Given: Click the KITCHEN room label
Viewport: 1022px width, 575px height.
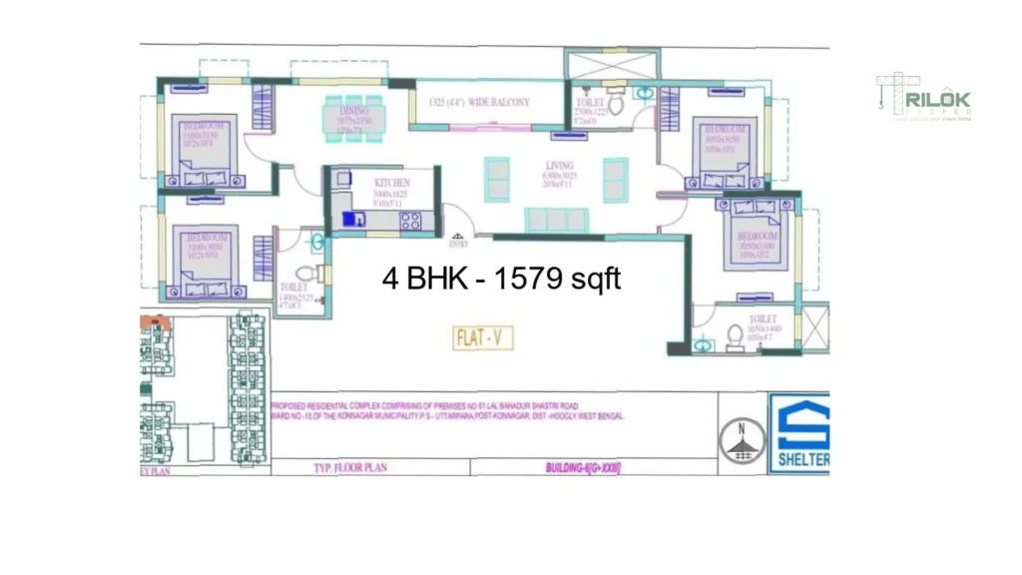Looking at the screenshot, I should click(391, 184).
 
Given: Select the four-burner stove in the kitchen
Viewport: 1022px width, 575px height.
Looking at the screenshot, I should click(411, 222).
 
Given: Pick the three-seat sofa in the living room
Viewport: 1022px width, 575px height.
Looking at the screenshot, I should click(555, 219).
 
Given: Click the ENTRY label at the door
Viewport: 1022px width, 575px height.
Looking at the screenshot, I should click(459, 243).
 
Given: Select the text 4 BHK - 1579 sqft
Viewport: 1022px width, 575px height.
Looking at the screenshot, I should click(502, 279).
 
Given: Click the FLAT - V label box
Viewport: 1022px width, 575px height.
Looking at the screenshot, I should click(484, 337).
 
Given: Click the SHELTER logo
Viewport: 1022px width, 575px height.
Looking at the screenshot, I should click(799, 433).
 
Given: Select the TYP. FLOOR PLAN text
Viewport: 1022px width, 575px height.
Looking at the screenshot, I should click(350, 466).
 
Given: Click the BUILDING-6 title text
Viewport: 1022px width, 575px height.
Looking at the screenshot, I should click(583, 466).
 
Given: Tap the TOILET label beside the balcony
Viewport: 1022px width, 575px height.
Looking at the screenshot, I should click(590, 102).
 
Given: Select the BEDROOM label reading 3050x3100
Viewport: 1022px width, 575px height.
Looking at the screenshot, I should click(756, 237).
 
